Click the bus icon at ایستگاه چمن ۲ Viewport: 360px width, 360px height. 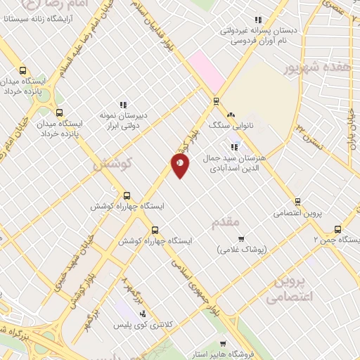337,229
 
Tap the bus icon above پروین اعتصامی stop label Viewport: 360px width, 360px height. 298,201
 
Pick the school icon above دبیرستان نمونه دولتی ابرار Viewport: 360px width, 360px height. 124,105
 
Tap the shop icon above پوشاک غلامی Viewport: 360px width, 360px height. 241,239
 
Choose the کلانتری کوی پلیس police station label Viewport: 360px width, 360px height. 146,326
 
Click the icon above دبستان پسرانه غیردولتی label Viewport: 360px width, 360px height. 258,20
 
